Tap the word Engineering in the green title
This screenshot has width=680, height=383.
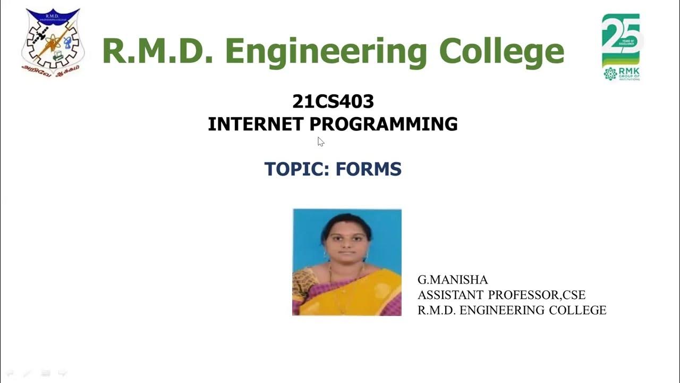click(326, 52)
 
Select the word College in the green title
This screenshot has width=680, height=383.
click(501, 52)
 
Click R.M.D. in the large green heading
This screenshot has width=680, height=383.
click(157, 52)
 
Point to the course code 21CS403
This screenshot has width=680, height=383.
click(333, 101)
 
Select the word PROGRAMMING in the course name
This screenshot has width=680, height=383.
click(384, 124)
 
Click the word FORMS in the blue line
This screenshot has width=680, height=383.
click(369, 169)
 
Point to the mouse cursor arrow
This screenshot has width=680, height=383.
click(320, 141)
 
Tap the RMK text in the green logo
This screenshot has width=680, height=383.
click(630, 71)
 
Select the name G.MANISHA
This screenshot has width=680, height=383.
click(453, 280)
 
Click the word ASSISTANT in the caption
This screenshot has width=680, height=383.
click(450, 295)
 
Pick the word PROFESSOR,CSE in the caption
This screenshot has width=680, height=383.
click(537, 295)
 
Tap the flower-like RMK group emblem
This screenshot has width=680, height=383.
click(610, 73)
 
